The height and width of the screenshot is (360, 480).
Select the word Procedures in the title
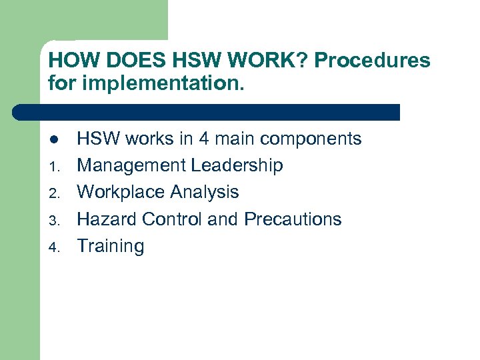372,61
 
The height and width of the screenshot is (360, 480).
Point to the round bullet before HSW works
53,140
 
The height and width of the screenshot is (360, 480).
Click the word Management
131,165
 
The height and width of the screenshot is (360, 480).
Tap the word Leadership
237,165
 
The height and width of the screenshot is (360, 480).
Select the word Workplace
121,192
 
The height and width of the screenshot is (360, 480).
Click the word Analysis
204,192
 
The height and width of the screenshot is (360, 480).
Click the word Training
111,246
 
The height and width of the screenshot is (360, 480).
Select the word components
311,139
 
